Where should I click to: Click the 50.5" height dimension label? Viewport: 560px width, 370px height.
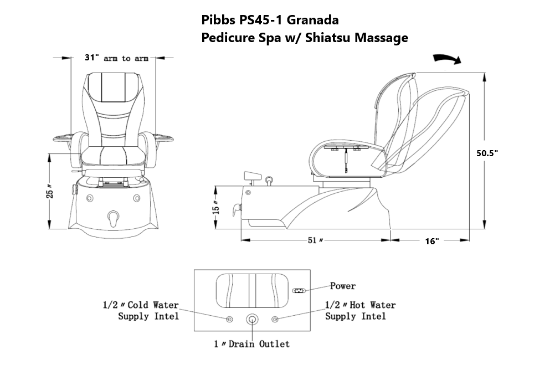(487, 153)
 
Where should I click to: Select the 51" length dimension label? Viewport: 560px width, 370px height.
(315, 240)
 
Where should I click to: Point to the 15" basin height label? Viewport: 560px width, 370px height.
(216, 207)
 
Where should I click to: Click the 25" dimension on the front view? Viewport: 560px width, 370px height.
(50, 192)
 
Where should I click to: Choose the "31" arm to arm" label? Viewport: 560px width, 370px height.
(116, 58)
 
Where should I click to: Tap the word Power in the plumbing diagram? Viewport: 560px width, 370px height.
(343, 286)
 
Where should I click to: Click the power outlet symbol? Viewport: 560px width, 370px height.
(300, 291)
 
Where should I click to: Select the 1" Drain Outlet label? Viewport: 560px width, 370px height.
(252, 344)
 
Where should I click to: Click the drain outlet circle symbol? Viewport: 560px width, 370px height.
(253, 319)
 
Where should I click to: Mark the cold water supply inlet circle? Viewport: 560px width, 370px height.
(229, 319)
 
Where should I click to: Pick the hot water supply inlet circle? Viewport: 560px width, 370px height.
(275, 319)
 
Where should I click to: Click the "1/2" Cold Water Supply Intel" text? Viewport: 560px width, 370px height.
(141, 310)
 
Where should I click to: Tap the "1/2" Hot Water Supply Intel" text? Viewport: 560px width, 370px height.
(360, 310)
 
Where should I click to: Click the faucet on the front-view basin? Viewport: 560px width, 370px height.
(114, 218)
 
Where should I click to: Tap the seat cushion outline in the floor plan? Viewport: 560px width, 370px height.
(253, 291)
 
